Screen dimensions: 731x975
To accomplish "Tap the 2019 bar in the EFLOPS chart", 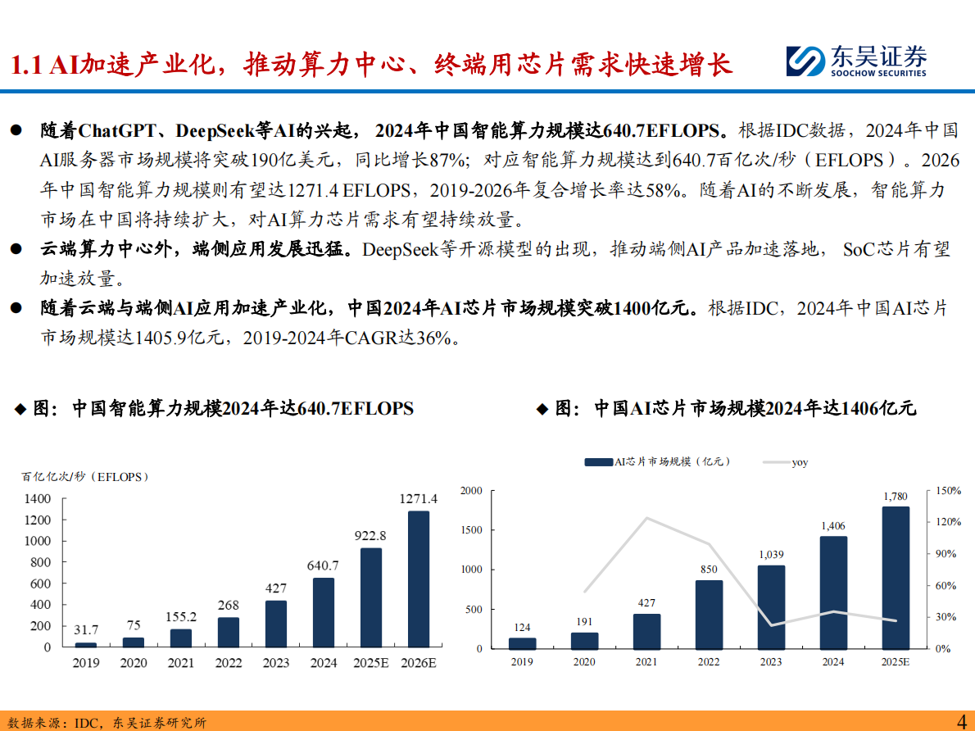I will click(85, 644).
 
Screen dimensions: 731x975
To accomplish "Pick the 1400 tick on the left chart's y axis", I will click(38, 498).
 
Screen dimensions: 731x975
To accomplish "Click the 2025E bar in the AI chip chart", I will click(896, 577).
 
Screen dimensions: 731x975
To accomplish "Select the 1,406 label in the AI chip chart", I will click(833, 525).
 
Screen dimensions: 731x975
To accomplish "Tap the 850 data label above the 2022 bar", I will click(709, 569).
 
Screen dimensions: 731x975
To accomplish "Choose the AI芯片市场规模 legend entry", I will click(656, 462).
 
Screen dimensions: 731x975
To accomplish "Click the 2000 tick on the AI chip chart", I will click(471, 490).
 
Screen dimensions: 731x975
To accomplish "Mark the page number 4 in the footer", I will click(962, 720).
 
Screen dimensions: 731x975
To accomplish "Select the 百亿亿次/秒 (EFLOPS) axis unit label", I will click(79, 475).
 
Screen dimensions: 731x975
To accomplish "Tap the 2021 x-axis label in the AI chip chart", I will click(646, 661).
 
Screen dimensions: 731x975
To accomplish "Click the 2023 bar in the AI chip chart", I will click(771, 606).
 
